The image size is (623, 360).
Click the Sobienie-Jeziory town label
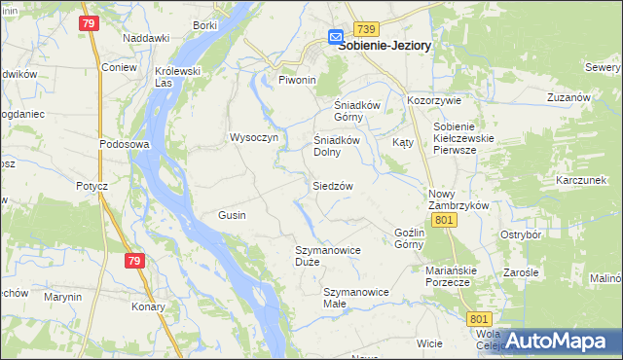[385, 45]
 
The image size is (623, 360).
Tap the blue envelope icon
[336, 37]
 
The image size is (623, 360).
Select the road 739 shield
[366, 29]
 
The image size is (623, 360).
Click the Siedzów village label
[332, 185]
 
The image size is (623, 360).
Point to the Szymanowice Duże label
[328, 257]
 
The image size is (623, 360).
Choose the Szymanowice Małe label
[355, 297]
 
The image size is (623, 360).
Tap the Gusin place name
[232, 214]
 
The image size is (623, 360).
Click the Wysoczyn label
[254, 137]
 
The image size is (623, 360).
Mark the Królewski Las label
[177, 77]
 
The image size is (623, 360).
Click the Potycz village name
[90, 185]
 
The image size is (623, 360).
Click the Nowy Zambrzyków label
[458, 199]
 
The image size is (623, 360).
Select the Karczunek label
[581, 180]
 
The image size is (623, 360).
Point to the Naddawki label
[146, 38]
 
